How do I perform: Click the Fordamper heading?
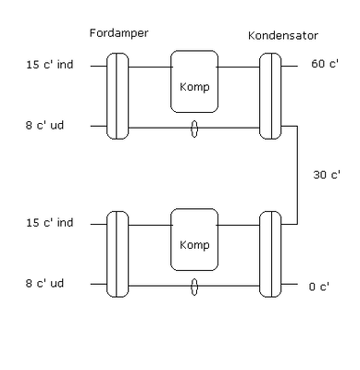(x=119, y=33)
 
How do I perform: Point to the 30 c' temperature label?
(x=325, y=175)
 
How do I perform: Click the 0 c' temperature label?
(x=318, y=286)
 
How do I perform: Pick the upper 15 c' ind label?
(x=48, y=67)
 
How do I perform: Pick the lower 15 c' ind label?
(x=48, y=224)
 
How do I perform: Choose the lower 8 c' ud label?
(x=45, y=284)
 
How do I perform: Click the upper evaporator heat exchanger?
(x=118, y=96)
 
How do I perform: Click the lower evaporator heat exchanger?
(x=118, y=253)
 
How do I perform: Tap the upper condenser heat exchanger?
(x=270, y=96)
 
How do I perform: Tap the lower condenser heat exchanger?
(x=270, y=253)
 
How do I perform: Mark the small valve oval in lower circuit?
(x=194, y=285)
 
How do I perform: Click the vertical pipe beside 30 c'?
(x=297, y=175)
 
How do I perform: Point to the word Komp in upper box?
(x=194, y=89)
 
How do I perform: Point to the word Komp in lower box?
(x=194, y=245)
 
